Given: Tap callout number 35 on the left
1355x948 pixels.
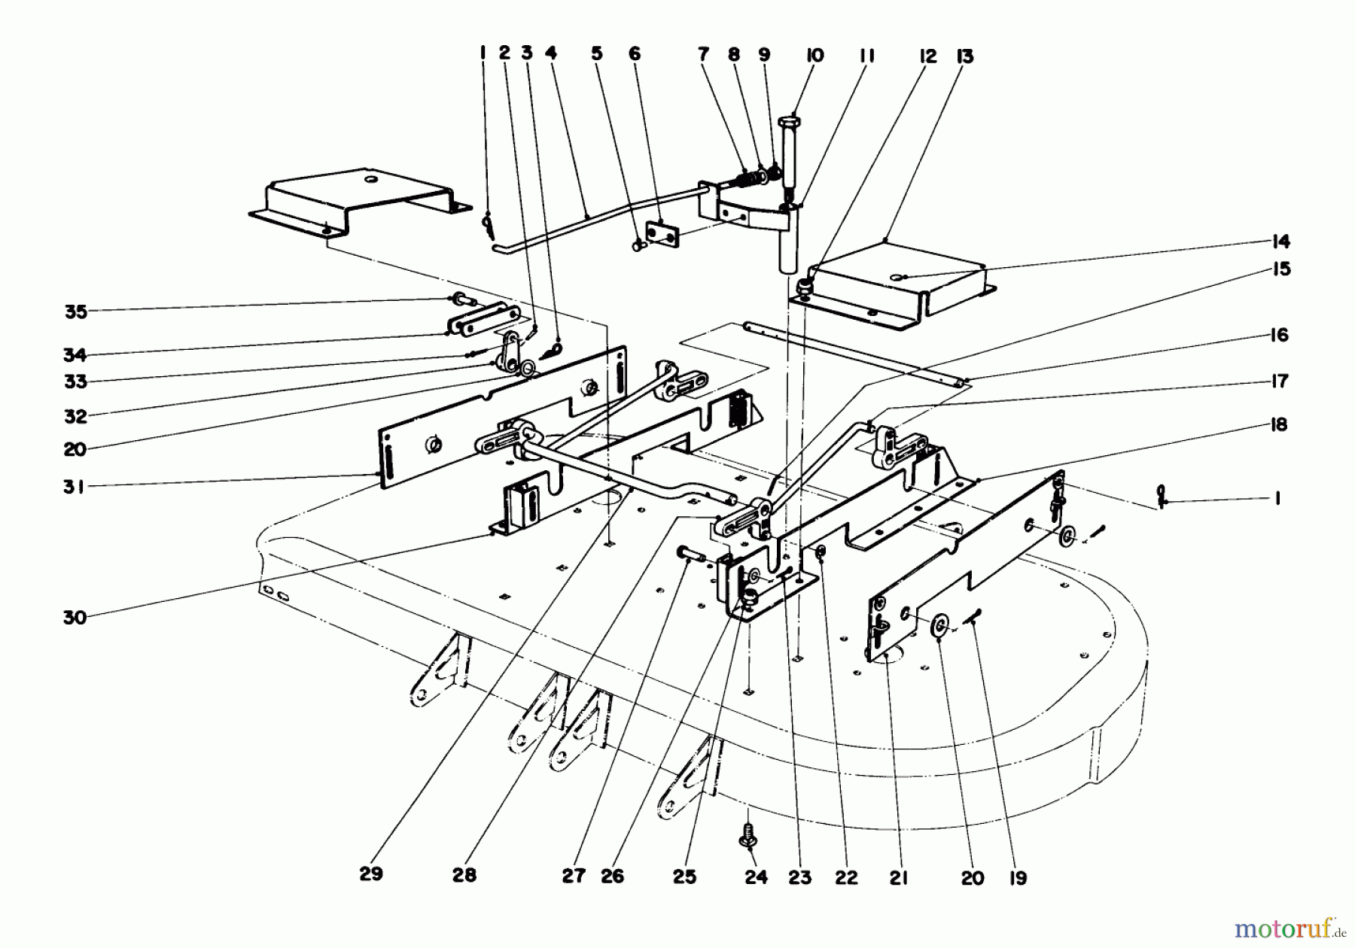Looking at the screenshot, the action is (76, 311).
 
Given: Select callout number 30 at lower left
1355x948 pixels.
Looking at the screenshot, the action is (75, 618).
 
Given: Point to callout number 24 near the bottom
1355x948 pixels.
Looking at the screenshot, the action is (756, 877).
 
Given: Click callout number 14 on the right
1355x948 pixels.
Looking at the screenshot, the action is (1280, 242).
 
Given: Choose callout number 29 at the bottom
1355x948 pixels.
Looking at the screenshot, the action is (371, 874).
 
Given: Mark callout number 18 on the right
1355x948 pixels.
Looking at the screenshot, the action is (1279, 424).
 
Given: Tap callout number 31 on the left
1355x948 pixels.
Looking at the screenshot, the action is (75, 487).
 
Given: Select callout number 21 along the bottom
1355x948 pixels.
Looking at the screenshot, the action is (899, 878).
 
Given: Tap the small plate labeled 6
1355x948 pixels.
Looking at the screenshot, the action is (662, 233).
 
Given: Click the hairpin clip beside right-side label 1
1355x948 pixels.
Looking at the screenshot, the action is (1162, 497).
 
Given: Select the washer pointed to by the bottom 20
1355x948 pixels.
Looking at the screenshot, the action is (939, 626).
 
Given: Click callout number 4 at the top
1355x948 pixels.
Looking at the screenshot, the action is (551, 53).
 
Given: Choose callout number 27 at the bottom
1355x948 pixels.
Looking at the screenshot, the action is (574, 877).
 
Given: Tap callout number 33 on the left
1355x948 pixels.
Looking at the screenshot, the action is (75, 381).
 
